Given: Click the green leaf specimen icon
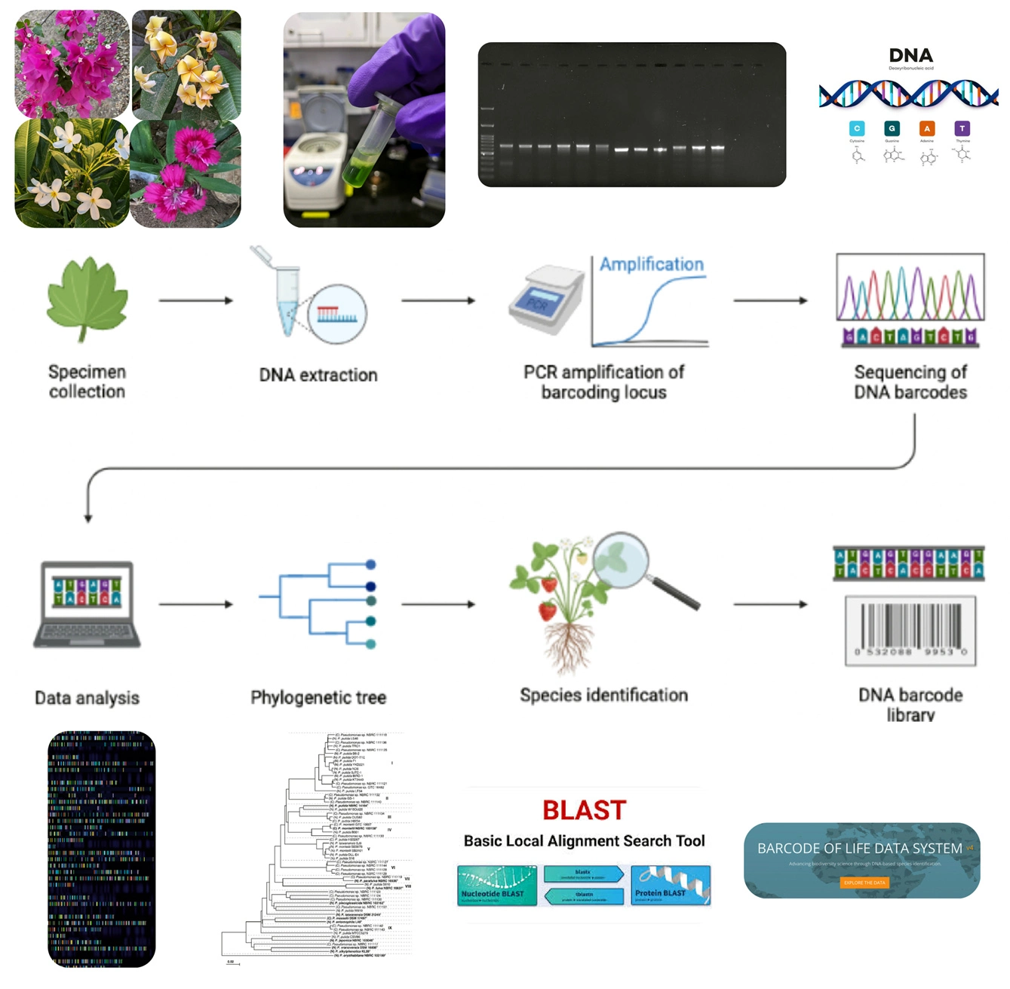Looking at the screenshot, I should [87, 299].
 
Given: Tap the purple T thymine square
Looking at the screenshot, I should [962, 128].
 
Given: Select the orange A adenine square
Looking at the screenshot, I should [927, 128].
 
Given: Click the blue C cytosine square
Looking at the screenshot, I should [857, 128].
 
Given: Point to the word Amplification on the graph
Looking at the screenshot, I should [652, 264].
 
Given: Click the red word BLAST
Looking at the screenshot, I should [584, 810].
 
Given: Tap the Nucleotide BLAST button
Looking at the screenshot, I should [496, 886].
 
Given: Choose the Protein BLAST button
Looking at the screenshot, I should [671, 886].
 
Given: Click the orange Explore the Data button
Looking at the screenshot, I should [864, 882].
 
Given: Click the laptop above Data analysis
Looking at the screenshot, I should [87, 604].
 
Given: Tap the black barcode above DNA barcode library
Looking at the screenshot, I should [910, 629].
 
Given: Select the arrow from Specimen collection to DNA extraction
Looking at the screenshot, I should [195, 300].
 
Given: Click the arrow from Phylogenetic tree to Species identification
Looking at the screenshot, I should [437, 604].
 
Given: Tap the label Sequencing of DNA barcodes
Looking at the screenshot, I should [910, 382].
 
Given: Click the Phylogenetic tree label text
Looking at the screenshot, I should [318, 697].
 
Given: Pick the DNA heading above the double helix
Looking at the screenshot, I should [910, 55].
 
